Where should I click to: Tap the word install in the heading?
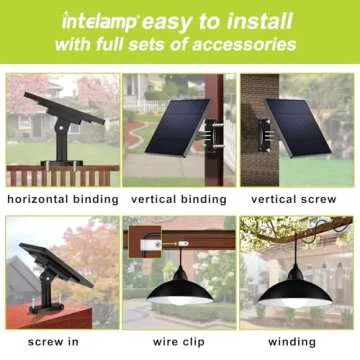[x=255, y=19]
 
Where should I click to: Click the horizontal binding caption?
[x=62, y=199]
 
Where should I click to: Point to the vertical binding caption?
[x=179, y=199]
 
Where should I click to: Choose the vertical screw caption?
[x=297, y=199]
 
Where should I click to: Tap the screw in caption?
[x=62, y=342]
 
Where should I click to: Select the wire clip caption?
[x=179, y=342]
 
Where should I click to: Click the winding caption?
[x=297, y=342]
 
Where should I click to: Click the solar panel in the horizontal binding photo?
[x=63, y=108]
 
